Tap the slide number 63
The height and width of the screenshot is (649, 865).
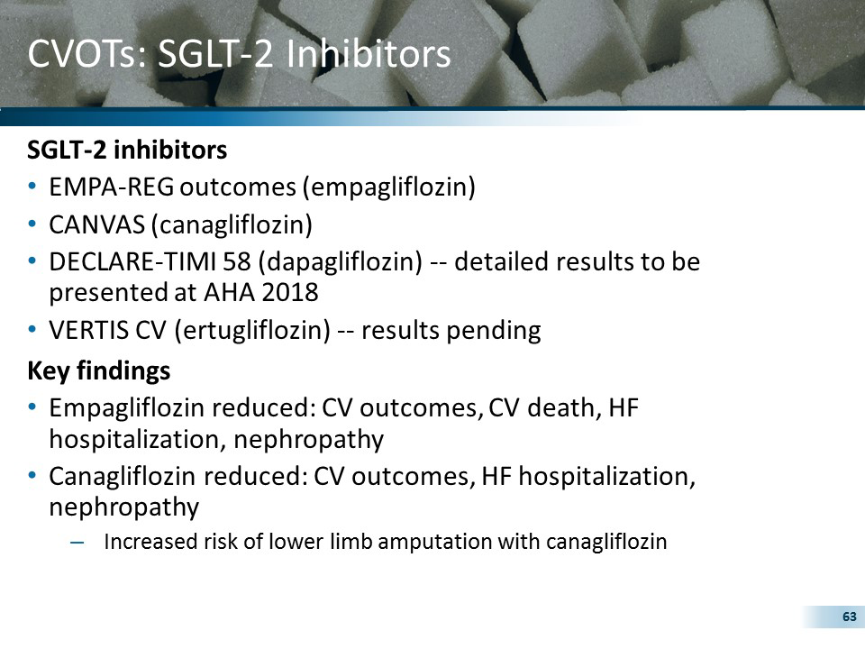[848, 617]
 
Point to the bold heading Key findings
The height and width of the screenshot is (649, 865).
[99, 370]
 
